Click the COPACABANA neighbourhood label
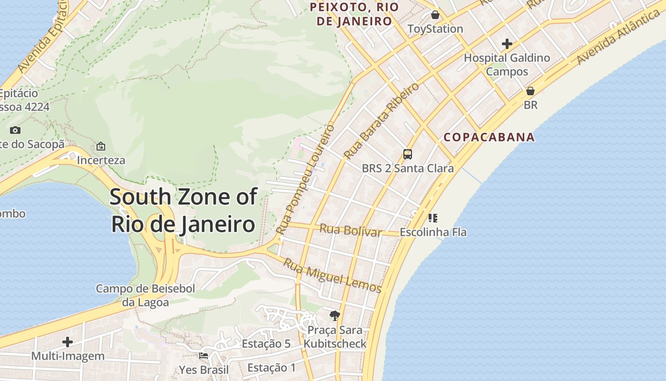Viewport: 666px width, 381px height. (489, 137)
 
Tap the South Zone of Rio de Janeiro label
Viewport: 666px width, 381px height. (184, 210)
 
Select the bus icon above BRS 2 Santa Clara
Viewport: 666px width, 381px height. (408, 154)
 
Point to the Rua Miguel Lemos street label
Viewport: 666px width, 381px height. (333, 275)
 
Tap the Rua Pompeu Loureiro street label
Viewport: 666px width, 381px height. (305, 179)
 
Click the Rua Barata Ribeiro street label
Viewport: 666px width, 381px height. (382, 121)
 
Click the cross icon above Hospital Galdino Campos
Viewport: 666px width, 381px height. (507, 44)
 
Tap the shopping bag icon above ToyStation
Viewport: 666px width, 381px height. (435, 15)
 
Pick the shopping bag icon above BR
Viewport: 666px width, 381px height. (530, 90)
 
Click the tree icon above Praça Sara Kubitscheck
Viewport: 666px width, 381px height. (335, 315)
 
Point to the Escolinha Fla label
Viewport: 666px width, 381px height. (433, 232)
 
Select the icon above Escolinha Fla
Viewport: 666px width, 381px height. (432, 218)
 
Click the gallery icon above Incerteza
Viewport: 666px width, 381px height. (101, 146)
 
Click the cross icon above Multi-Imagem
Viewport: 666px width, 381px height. (68, 341)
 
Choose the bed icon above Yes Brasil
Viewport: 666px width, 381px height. (204, 355)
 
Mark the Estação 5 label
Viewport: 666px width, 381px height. (266, 344)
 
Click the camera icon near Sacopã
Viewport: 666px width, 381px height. (15, 130)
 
